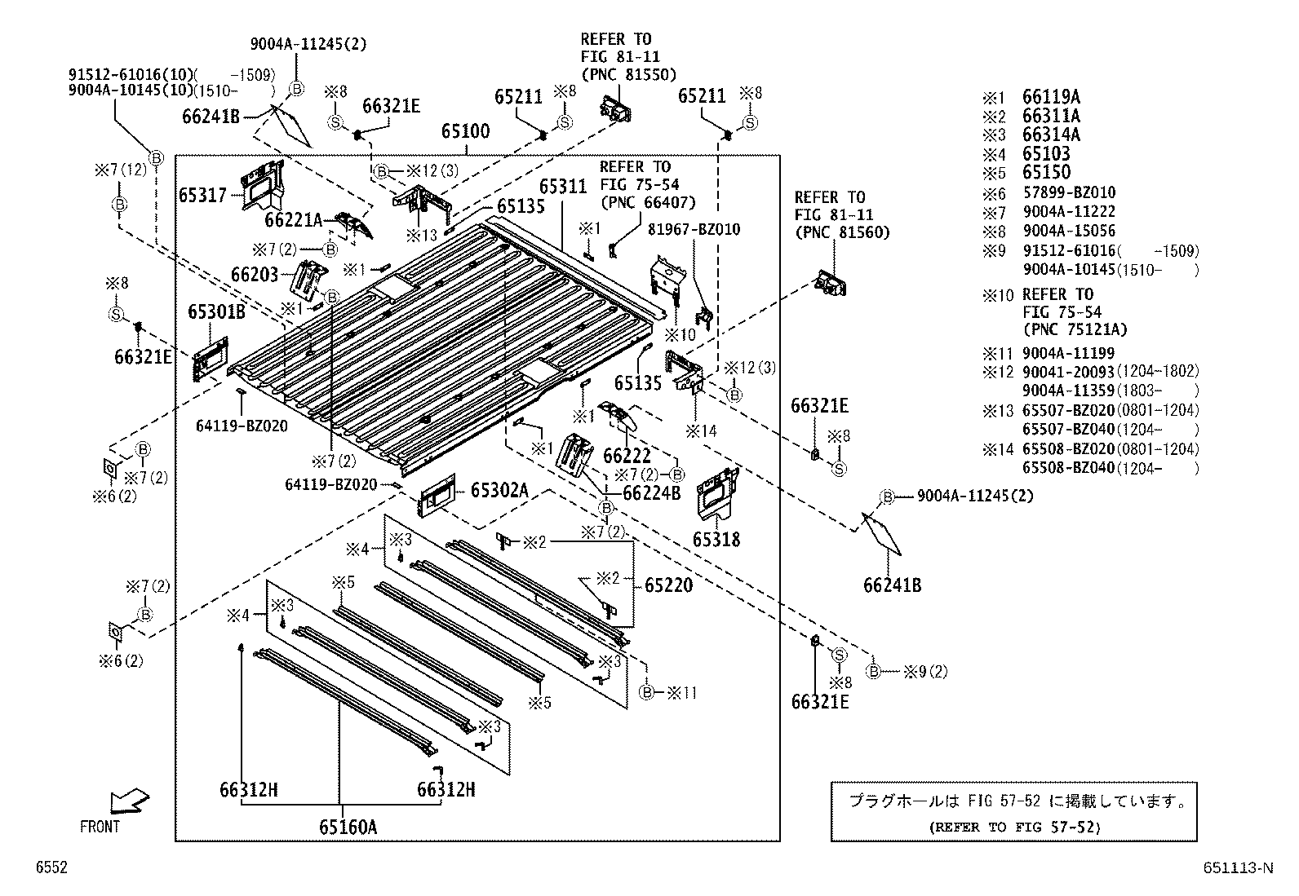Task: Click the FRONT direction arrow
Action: click(129, 800)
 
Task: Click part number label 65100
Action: click(465, 130)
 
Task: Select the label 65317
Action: click(203, 196)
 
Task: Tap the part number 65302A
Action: click(499, 490)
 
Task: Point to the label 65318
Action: click(716, 540)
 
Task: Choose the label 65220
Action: click(668, 585)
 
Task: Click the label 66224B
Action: click(651, 493)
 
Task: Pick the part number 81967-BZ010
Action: click(694, 230)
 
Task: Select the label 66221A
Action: click(294, 219)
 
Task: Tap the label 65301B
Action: click(216, 312)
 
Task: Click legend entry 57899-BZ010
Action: click(1069, 193)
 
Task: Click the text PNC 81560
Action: click(842, 232)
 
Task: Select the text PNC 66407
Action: click(648, 202)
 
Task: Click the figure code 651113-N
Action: click(1236, 868)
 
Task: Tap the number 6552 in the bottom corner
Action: click(51, 868)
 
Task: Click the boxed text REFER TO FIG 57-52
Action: click(1013, 827)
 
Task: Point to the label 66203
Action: click(255, 275)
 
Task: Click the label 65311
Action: click(562, 187)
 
